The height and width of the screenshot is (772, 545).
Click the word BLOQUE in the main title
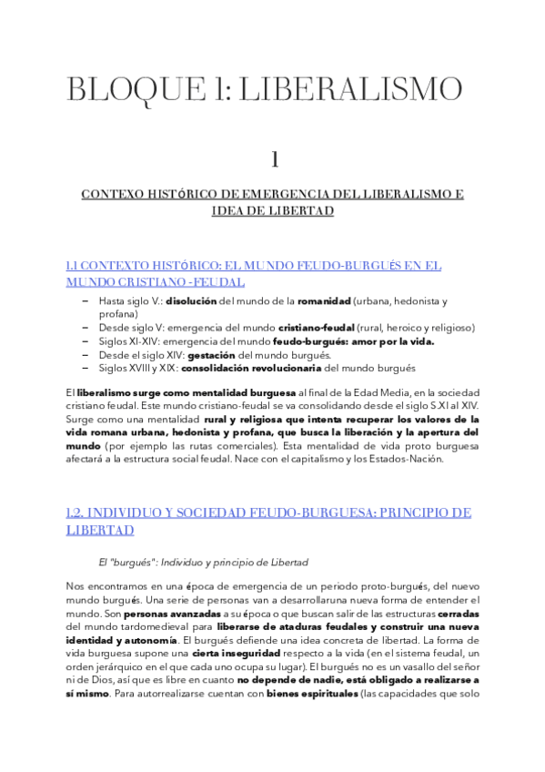119,89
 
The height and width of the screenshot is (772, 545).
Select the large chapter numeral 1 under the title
272,159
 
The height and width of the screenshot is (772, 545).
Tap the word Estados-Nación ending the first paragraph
409,459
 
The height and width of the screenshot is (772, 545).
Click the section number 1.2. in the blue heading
77,513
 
